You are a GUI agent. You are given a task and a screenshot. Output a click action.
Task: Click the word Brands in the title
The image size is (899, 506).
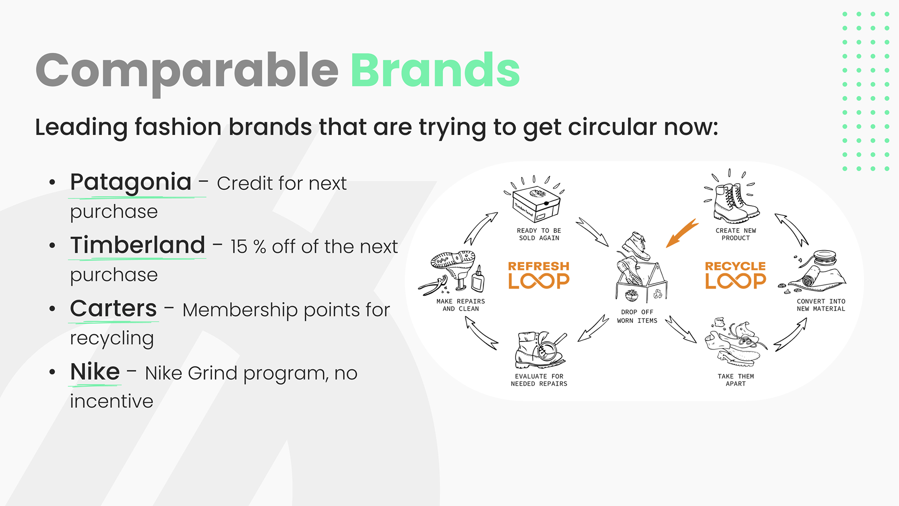(x=435, y=70)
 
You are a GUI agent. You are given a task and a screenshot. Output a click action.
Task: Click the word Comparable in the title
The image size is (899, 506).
(x=187, y=73)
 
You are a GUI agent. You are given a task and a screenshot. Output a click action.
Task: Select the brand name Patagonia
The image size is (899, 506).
(x=131, y=183)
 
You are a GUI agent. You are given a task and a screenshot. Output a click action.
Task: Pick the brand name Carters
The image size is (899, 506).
(x=113, y=308)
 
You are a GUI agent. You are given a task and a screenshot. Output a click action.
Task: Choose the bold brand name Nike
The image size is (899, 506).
(x=95, y=372)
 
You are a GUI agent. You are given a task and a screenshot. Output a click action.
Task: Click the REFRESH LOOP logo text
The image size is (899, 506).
(x=539, y=275)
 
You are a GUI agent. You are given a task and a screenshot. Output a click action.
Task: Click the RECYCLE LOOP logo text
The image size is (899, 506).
(x=736, y=275)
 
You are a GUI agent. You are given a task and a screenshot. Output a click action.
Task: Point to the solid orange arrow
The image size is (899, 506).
(x=682, y=233)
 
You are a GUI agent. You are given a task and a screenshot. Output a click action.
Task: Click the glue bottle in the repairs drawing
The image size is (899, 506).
(x=478, y=280)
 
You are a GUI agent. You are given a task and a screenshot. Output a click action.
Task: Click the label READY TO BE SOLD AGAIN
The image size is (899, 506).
(x=539, y=234)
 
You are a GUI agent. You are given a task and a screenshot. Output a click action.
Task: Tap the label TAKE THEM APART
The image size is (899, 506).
(x=736, y=380)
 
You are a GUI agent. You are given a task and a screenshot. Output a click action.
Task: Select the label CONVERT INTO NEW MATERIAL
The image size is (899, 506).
(x=821, y=305)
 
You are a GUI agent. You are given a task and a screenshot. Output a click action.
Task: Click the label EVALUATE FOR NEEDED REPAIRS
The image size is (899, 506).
(x=539, y=380)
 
